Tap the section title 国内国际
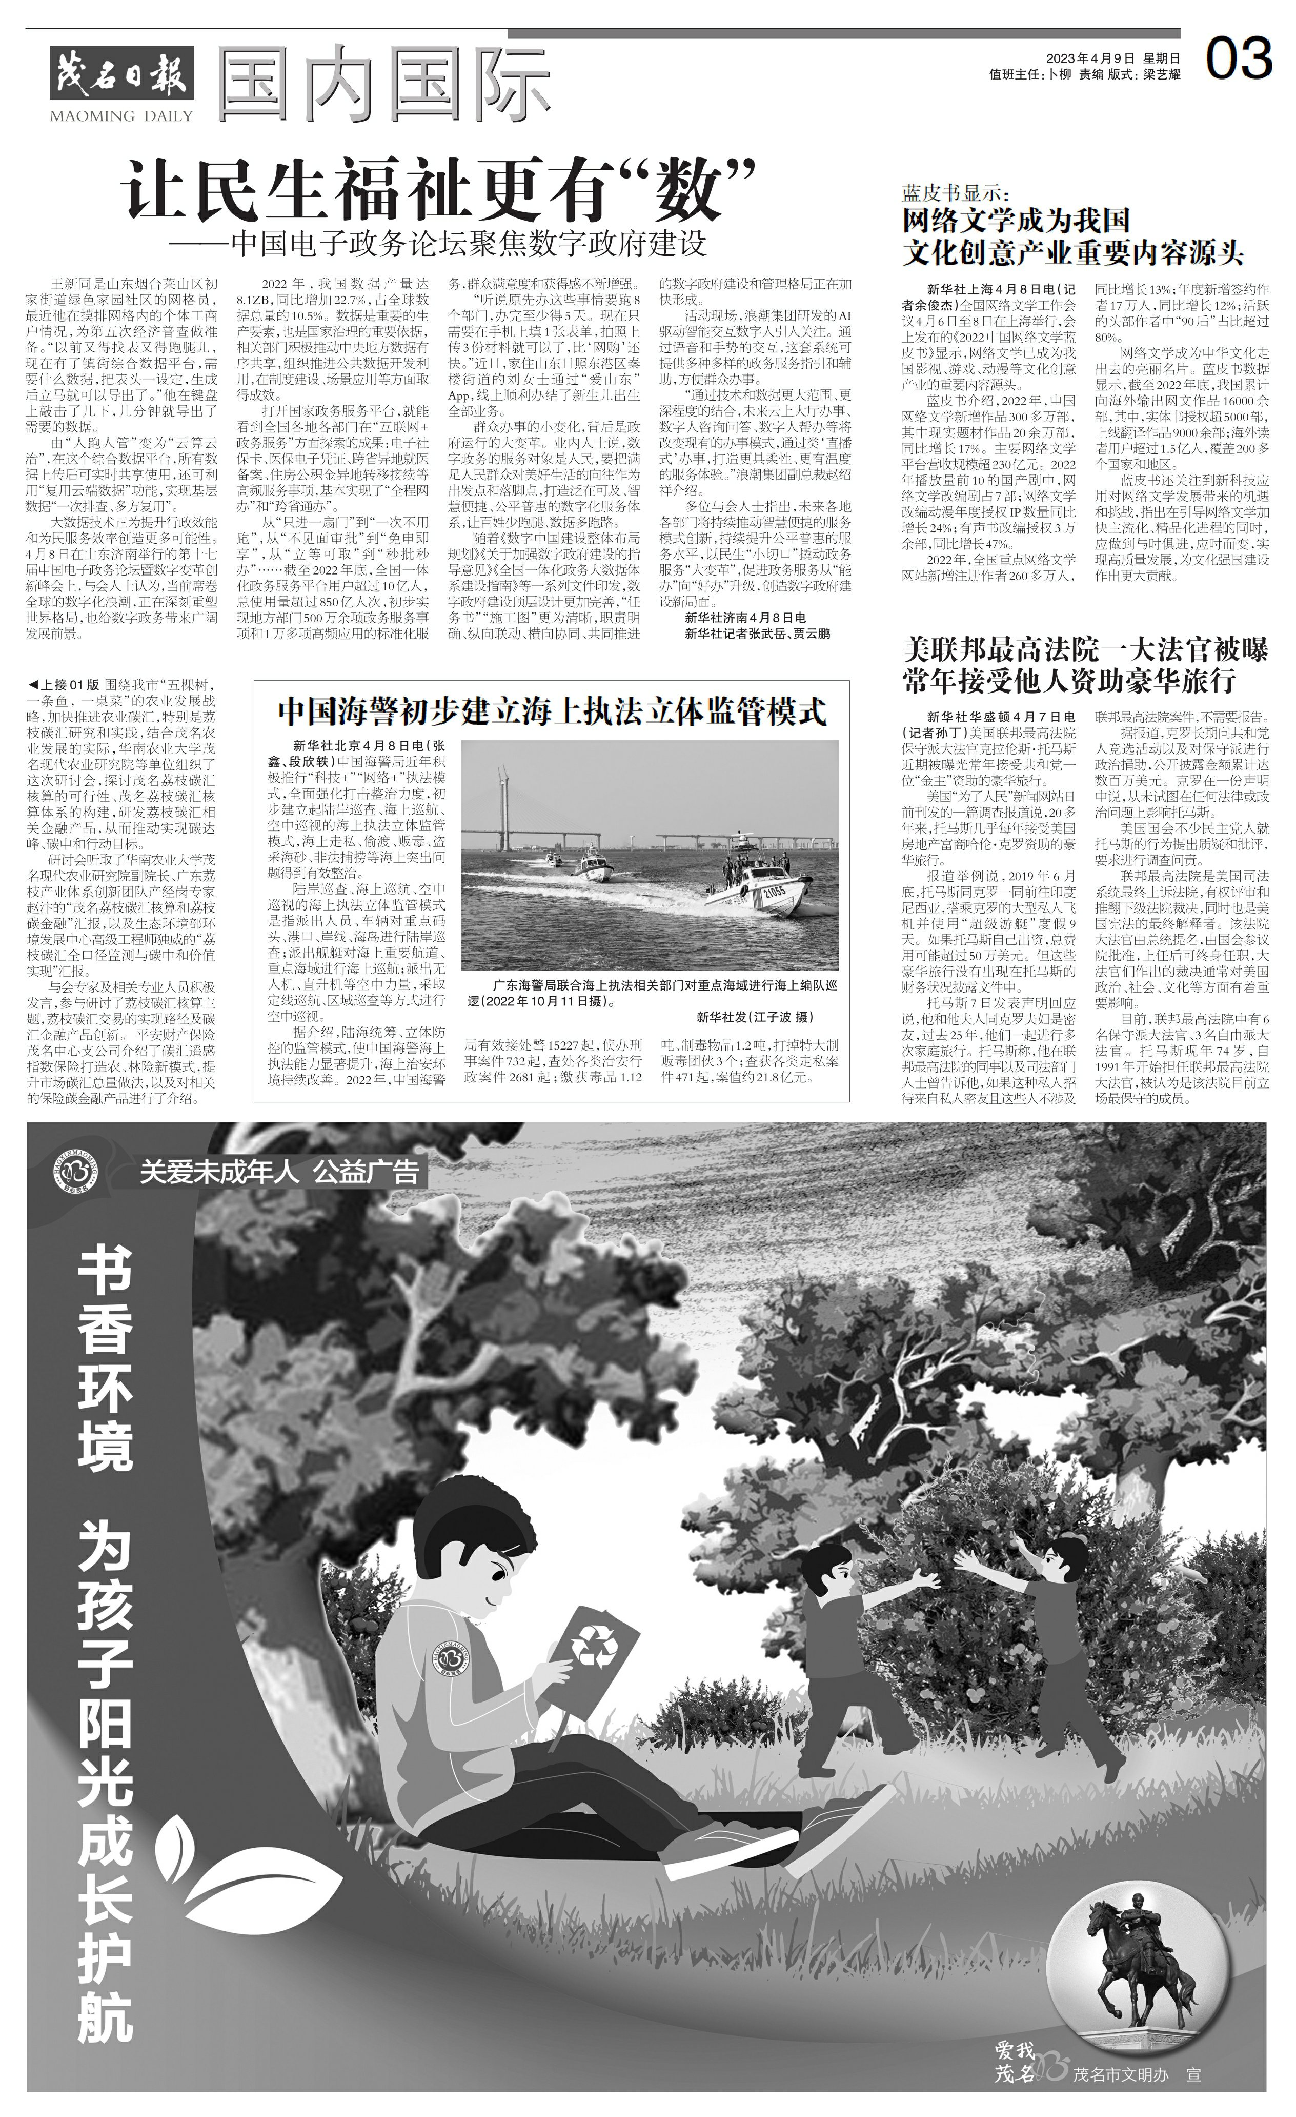click(384, 83)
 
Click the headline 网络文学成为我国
click(1016, 221)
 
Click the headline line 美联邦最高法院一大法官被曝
click(1085, 649)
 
